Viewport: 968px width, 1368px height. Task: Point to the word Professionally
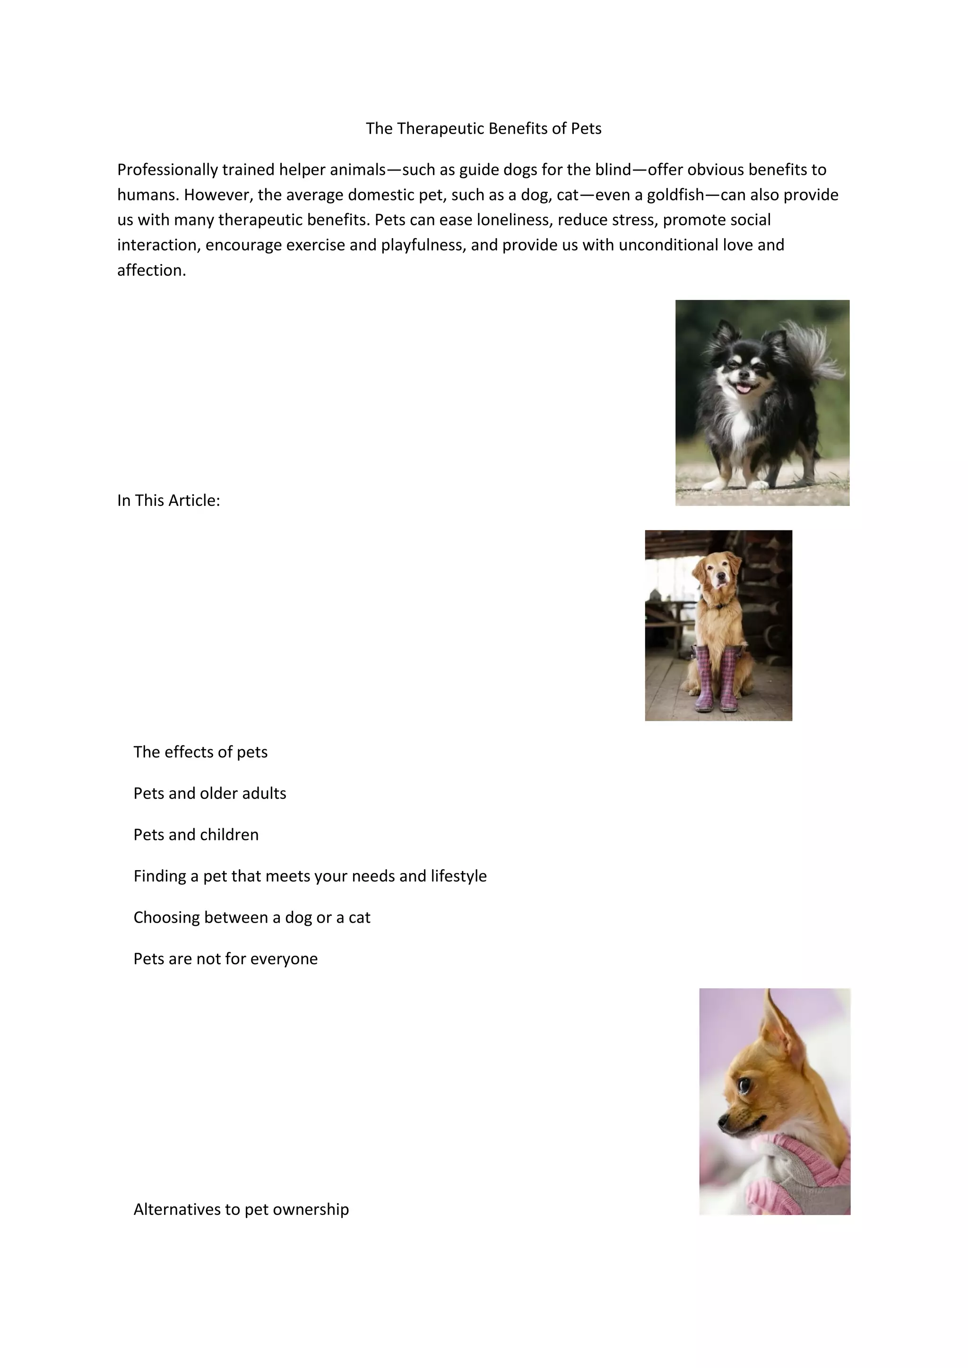pos(167,171)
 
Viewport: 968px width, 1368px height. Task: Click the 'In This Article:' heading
pos(169,501)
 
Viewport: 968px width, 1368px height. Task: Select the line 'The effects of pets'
pos(200,752)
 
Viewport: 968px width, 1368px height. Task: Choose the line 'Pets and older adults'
pos(210,794)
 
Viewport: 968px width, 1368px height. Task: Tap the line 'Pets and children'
pos(196,835)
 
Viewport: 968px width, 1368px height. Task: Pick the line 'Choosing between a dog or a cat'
pos(251,917)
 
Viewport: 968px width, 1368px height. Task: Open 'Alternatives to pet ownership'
pos(241,1209)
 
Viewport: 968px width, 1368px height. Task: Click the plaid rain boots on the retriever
pos(715,679)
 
